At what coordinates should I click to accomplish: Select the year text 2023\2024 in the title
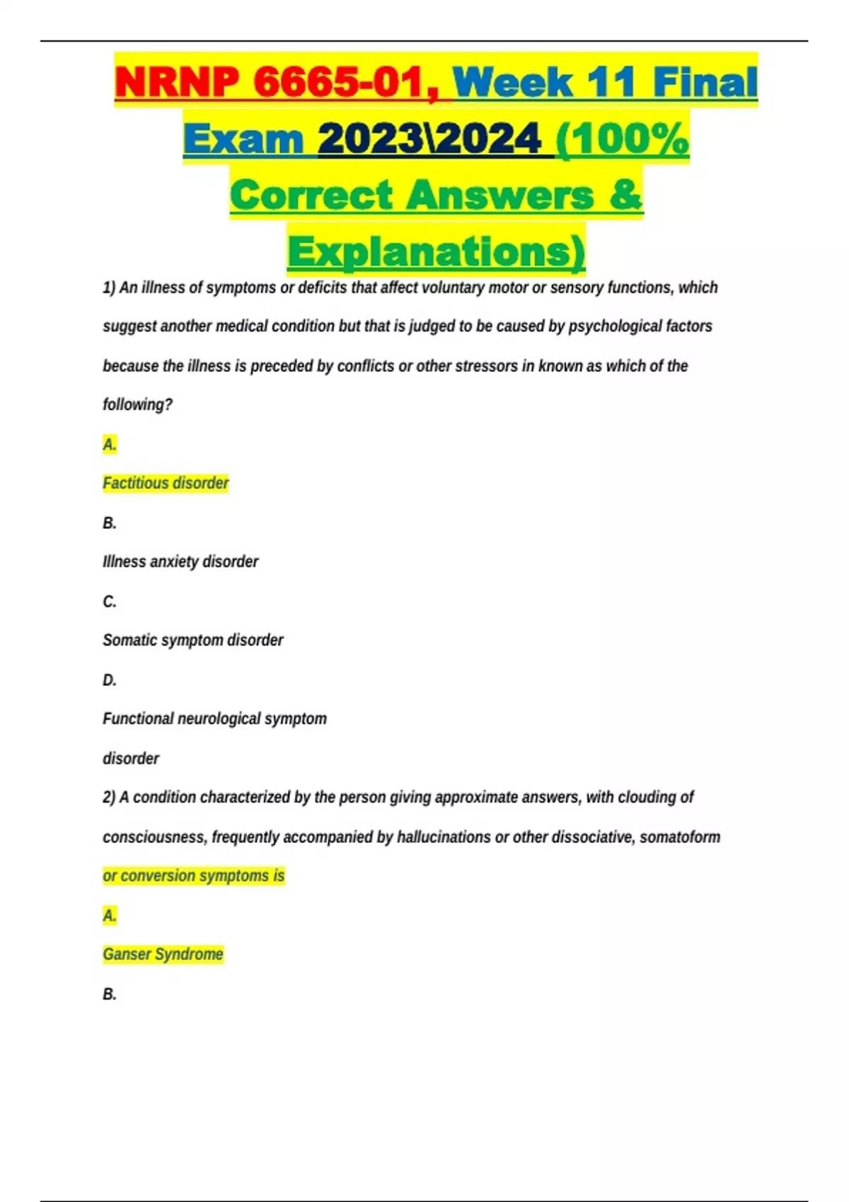click(429, 139)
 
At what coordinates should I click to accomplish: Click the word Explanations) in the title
click(436, 252)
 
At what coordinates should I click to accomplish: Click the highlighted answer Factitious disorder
click(166, 483)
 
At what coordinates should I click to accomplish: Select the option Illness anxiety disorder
click(180, 561)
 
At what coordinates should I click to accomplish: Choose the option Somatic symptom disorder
click(192, 640)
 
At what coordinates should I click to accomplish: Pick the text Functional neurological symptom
click(214, 718)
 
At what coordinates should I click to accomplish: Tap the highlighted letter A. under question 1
click(110, 444)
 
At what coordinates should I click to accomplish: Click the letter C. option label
click(110, 601)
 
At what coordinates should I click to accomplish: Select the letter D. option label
click(110, 679)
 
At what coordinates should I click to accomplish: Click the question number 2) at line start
click(109, 797)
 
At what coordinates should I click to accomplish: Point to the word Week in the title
click(512, 82)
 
